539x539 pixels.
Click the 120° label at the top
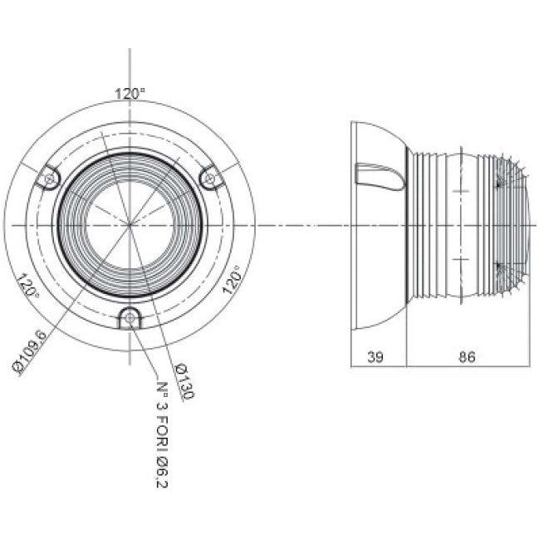[x=130, y=94]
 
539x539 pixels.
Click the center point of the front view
[x=130, y=224]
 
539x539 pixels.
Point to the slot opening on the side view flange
[x=378, y=175]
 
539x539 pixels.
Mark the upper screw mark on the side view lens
[x=500, y=184]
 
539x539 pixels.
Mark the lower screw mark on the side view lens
[x=500, y=267]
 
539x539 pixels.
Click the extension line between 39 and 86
[x=406, y=349]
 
